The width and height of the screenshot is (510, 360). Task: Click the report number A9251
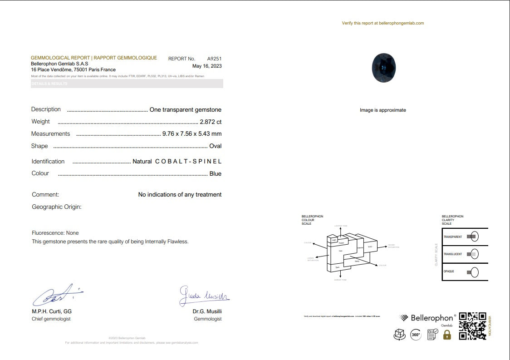coord(214,59)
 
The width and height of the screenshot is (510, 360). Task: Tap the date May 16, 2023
coord(207,66)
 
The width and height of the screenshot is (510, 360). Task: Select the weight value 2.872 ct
coord(211,122)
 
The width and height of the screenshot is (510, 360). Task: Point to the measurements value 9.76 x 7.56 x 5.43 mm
coord(192,134)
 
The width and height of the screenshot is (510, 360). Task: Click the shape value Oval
coord(215,146)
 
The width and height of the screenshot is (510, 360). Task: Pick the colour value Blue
coord(215,174)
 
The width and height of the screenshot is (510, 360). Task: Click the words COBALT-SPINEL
coord(188,162)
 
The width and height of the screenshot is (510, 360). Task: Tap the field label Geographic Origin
coord(56,207)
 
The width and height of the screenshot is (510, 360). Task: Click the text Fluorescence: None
coord(55,233)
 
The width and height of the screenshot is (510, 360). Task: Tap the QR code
coord(472,326)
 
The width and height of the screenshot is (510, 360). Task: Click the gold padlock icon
coord(447,335)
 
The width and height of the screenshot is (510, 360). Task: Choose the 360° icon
coord(416,335)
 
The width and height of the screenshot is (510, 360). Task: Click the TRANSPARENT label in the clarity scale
coord(452,237)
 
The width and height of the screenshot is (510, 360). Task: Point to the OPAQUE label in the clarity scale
coord(449,271)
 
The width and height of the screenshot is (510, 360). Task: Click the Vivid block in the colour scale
coord(370,247)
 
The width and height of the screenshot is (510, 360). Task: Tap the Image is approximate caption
coord(382,110)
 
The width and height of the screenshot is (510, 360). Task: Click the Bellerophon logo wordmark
coord(432,318)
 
